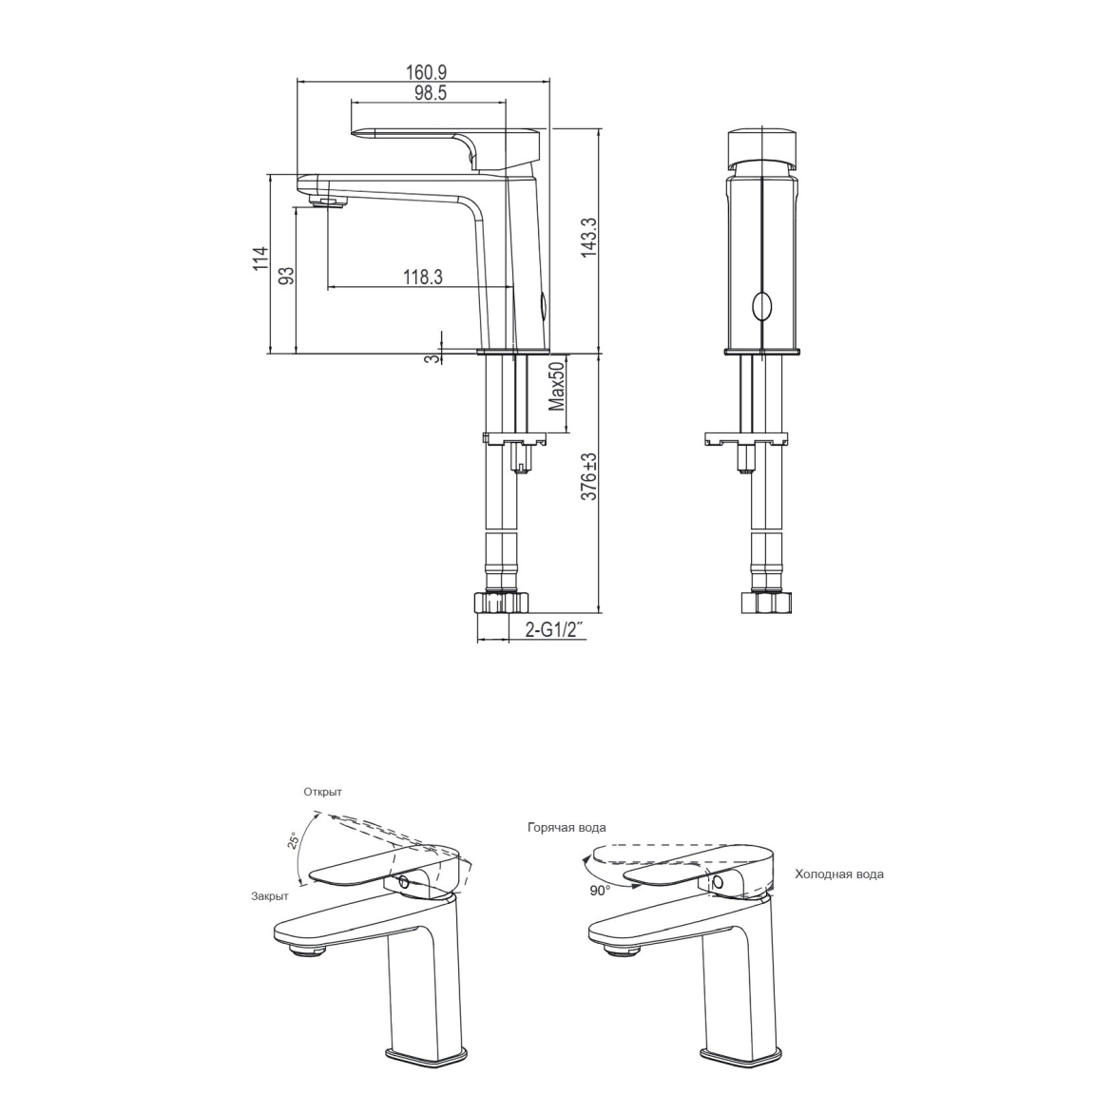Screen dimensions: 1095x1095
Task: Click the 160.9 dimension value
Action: point(426,72)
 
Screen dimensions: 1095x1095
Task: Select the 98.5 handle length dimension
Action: point(431,93)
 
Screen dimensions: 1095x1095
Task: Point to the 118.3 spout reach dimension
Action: point(423,278)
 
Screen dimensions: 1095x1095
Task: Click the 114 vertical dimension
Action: point(260,259)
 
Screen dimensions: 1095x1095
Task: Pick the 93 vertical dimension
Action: point(287,276)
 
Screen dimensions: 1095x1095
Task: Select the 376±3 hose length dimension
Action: point(590,476)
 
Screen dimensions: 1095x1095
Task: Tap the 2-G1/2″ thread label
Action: point(554,630)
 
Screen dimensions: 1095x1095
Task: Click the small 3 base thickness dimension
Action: point(432,358)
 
